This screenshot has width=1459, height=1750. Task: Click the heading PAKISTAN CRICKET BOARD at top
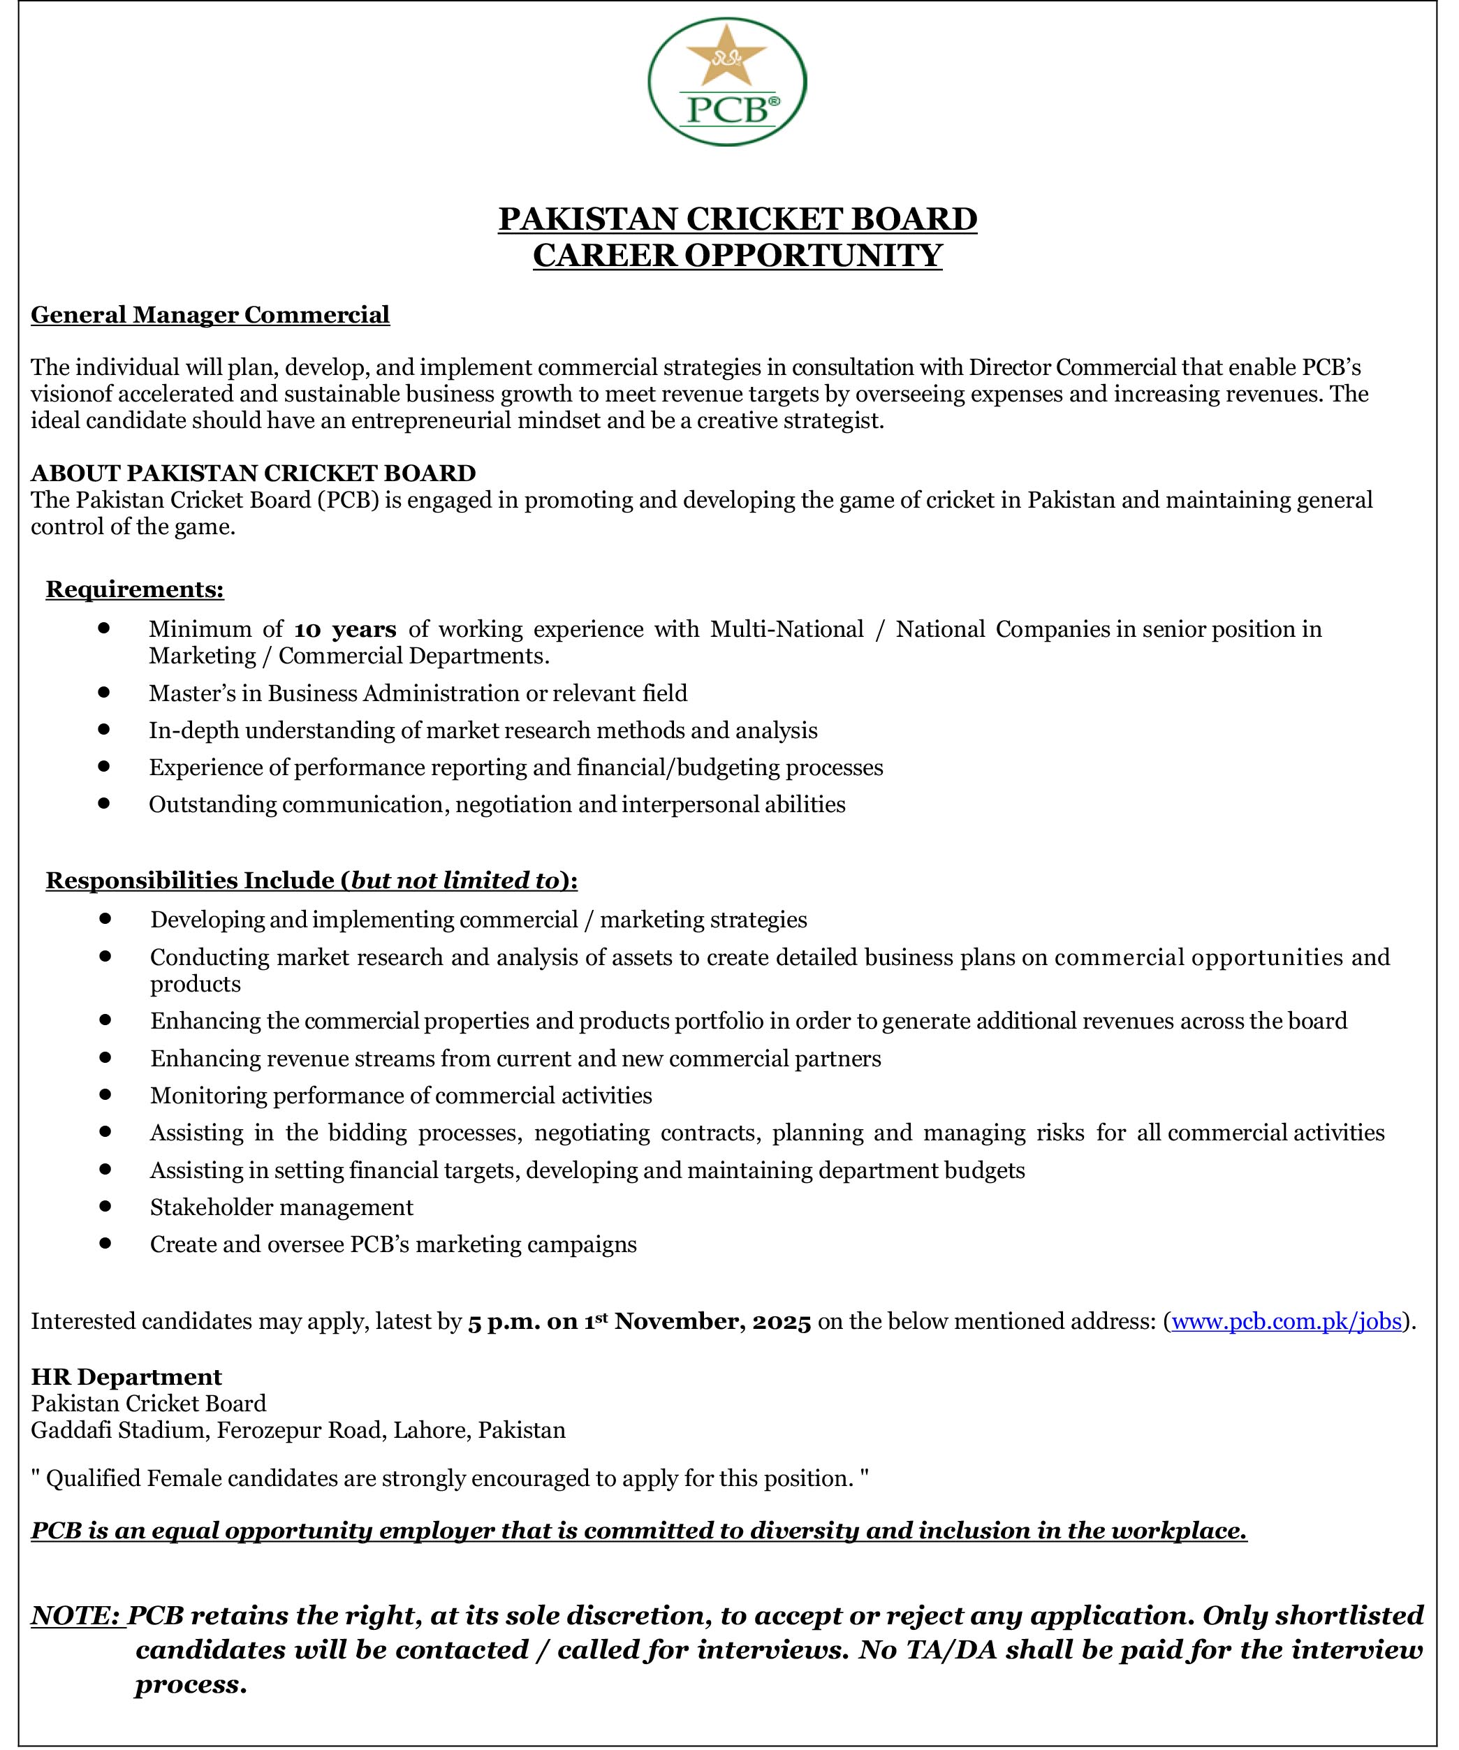pyautogui.click(x=738, y=219)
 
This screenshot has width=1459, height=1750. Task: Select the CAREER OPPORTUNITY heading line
pyautogui.click(x=738, y=255)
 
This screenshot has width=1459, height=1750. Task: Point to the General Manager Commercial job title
pyautogui.click(x=210, y=315)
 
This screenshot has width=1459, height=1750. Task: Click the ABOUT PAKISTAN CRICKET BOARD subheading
pyautogui.click(x=254, y=473)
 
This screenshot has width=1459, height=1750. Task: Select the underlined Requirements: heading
pyautogui.click(x=135, y=590)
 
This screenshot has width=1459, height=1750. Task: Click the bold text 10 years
pyautogui.click(x=345, y=629)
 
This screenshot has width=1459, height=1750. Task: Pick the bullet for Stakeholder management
pyautogui.click(x=105, y=1207)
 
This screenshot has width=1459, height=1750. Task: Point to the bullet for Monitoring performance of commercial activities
pyautogui.click(x=105, y=1094)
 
